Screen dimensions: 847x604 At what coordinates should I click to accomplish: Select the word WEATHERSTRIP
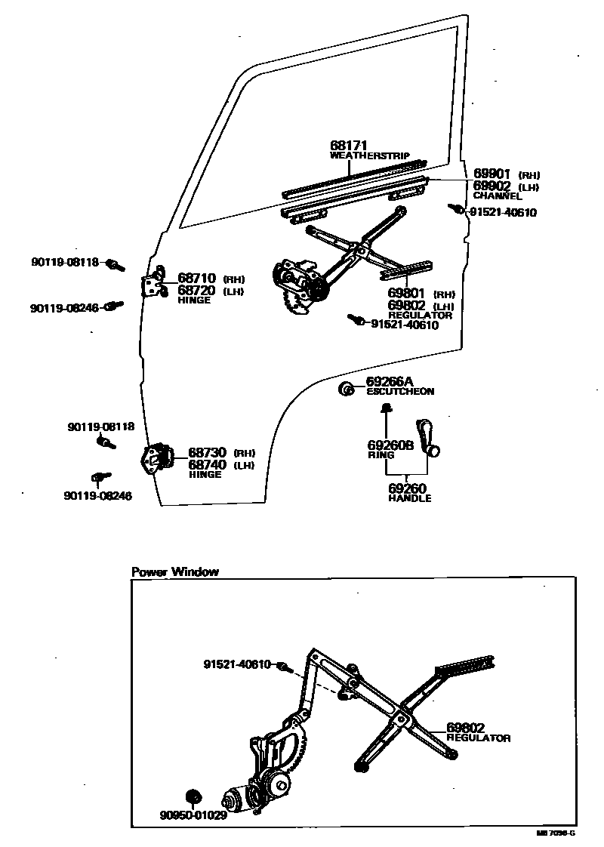click(x=370, y=156)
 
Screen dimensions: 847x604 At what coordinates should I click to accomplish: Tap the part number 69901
click(x=492, y=174)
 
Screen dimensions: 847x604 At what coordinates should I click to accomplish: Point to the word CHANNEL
click(x=497, y=196)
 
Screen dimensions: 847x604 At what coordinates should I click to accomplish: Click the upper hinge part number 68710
click(x=197, y=279)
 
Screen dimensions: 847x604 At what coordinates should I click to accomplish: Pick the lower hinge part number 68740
click(x=207, y=464)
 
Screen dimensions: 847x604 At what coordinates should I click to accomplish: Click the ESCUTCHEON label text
click(x=400, y=392)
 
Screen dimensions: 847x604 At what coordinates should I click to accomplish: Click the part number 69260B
click(x=390, y=445)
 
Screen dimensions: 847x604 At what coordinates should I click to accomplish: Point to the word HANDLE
click(x=410, y=498)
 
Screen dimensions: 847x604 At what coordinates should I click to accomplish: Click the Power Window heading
click(x=175, y=571)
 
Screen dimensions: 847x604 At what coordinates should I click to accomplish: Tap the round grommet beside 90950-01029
click(x=193, y=796)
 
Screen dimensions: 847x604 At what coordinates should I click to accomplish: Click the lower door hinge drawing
click(x=155, y=458)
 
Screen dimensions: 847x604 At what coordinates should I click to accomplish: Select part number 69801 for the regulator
click(x=407, y=293)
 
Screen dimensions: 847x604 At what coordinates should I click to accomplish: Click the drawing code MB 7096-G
click(x=556, y=833)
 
